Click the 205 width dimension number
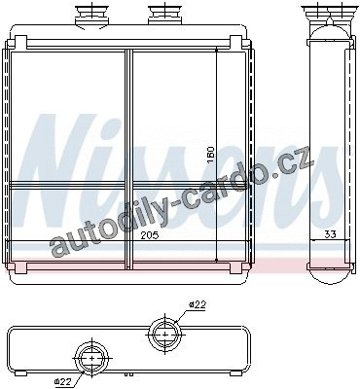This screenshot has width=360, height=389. (150, 235)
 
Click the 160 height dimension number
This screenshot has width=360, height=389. (211, 156)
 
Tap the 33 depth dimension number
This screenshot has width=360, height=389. (330, 234)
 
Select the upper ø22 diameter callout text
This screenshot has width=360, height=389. (198, 304)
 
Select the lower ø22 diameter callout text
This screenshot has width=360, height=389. (61, 382)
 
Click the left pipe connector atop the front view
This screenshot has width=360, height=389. (92, 16)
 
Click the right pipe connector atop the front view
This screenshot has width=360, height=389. (165, 14)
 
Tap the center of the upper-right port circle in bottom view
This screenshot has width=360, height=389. (165, 334)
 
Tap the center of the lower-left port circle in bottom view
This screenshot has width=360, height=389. (92, 358)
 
